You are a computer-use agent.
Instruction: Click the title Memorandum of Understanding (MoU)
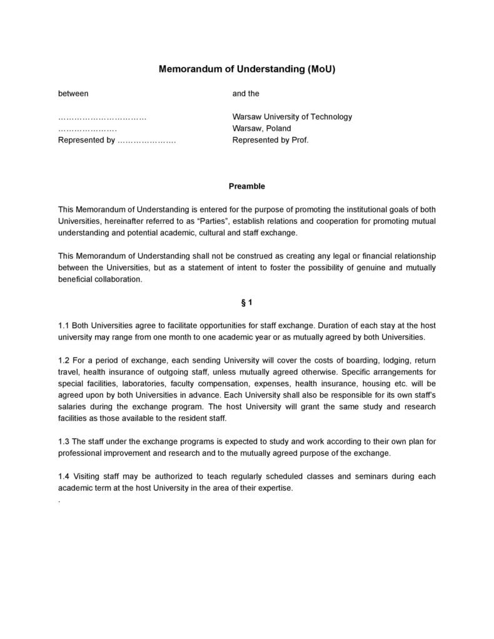coord(247,69)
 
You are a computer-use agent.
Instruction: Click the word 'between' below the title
coord(73,94)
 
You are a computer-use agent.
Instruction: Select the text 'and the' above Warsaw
coord(246,94)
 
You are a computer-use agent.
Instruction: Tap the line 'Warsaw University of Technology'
coord(292,117)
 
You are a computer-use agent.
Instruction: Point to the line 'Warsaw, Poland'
coord(261,128)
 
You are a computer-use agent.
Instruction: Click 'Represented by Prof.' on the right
coord(270,140)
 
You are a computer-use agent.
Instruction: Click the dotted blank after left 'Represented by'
coord(146,141)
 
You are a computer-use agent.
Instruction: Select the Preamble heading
coord(247,186)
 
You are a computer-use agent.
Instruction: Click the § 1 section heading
coord(247,303)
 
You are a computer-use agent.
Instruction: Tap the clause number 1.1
coord(64,326)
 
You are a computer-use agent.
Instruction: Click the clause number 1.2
coord(64,361)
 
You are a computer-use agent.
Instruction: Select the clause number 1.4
coord(64,477)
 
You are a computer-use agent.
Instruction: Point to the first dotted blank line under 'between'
coord(102,118)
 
